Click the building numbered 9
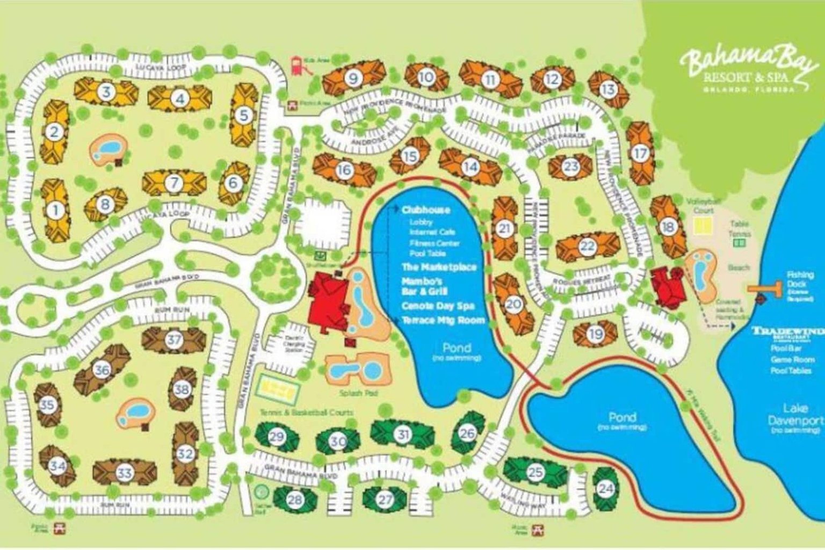353,78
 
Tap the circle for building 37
174,339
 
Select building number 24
606,488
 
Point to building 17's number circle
640,154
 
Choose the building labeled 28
294,500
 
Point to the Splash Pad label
358,393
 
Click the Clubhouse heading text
426,210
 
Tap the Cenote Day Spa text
438,306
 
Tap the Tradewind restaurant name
787,331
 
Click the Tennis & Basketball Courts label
306,412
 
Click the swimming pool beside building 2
109,147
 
